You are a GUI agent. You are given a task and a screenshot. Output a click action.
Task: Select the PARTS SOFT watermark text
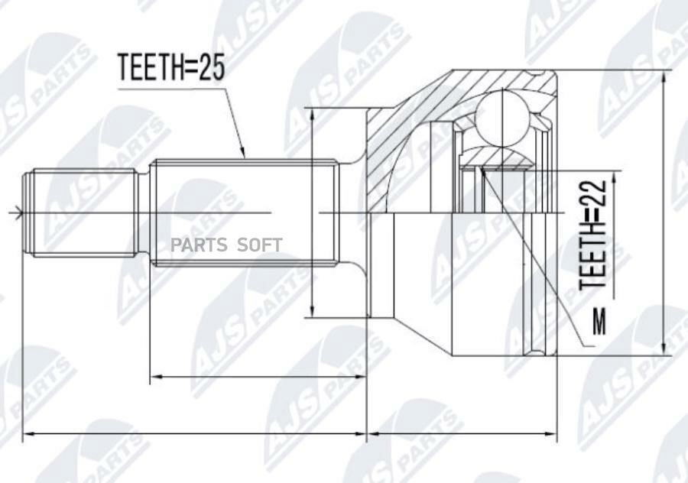tap(226, 245)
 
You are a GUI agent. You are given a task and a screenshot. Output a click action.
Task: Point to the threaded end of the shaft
tap(80, 212)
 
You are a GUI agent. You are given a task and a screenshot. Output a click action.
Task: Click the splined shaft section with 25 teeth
tap(243, 212)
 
